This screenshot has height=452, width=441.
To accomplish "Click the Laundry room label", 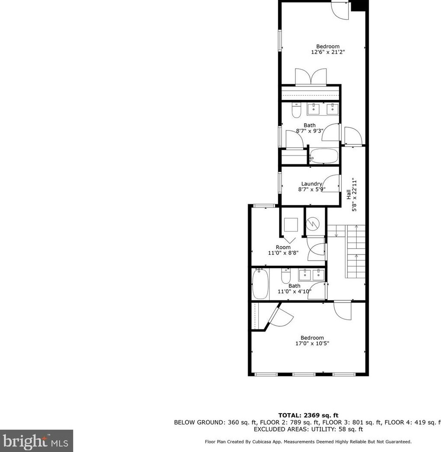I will [311, 184].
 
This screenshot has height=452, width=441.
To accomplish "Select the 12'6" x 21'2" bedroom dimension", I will [328, 52].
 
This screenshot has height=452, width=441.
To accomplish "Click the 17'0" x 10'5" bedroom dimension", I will [312, 344].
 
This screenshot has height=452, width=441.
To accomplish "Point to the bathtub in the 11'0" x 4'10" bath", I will [260, 283].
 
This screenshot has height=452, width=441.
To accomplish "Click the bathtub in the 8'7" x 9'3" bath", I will [324, 156].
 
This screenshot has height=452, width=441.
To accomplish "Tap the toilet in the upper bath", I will [296, 111].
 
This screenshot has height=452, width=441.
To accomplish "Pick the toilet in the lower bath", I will [286, 275].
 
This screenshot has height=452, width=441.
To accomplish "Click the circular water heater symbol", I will [312, 223].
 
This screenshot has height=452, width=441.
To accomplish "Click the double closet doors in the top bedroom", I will [310, 77].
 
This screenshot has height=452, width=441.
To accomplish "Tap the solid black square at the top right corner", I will [360, 6].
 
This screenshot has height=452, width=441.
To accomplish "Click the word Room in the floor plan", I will [283, 247].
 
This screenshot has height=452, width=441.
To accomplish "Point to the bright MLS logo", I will [36, 441].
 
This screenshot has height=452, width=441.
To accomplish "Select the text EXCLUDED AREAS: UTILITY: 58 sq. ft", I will [308, 429].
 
